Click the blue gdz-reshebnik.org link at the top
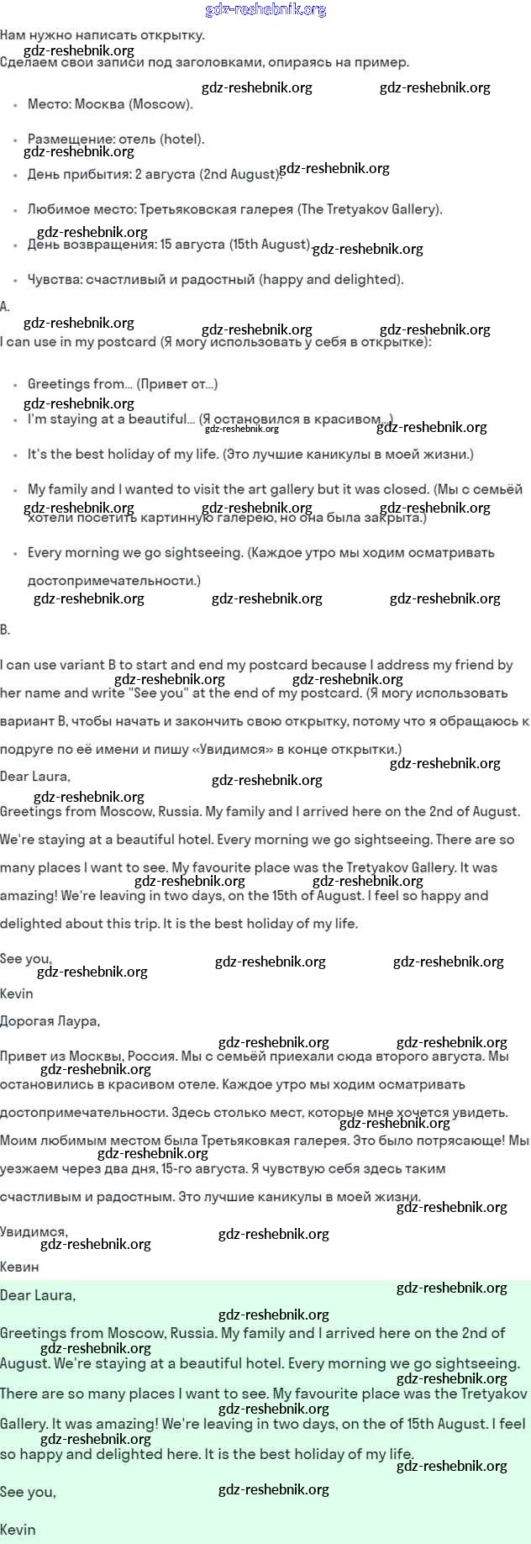265,10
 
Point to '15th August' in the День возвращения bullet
269,245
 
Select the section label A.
5,307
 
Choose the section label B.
5,630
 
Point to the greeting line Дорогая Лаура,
50,1021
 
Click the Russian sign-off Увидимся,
34,1231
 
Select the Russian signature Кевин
19,1267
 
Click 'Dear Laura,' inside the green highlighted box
38,1295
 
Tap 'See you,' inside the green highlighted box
28,1492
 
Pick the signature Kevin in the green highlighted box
18,1529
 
